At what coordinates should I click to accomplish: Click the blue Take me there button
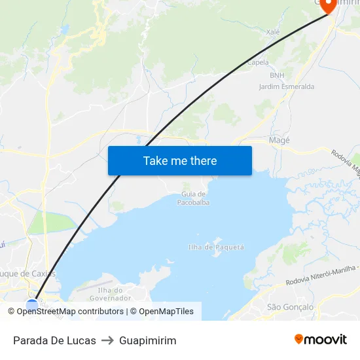[180, 160]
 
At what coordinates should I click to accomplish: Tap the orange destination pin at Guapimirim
[328, 5]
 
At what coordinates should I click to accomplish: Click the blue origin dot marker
[32, 304]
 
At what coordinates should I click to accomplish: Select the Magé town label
[279, 140]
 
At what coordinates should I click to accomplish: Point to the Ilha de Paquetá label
[216, 247]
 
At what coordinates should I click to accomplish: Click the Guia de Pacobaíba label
[193, 198]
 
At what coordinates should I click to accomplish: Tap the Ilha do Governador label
[110, 294]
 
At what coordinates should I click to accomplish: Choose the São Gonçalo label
[291, 306]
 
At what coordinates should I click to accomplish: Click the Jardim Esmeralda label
[286, 86]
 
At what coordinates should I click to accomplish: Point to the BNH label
[277, 75]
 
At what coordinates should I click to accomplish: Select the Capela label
[258, 63]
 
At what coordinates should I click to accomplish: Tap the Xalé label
[273, 31]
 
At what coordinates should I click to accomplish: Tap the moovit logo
[321, 340]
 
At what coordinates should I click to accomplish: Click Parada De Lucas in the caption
[54, 340]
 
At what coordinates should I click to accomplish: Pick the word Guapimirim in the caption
[148, 340]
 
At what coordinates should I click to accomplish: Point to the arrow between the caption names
[107, 340]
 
